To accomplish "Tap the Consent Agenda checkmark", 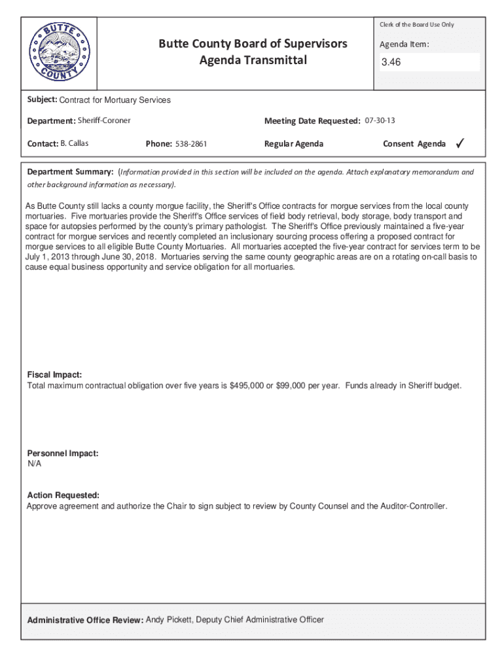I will pos(460,143).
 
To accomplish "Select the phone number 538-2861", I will pos(191,144).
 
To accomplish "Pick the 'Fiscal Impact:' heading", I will pos(54,375).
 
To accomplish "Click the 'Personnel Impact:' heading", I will pos(63,453).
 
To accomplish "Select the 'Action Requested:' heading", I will pos(63,495).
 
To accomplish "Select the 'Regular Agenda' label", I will pos(293,144).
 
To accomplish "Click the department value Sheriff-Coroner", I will pos(104,121).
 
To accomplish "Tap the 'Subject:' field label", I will pos(42,100).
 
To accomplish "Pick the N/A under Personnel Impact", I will pos(34,464).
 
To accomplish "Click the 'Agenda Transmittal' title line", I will pos(253,62).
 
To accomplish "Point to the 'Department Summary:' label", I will pos(70,172).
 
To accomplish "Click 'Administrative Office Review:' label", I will pos(84,620).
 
